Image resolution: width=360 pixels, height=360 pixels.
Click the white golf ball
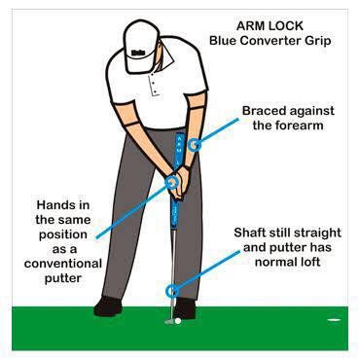(178, 321)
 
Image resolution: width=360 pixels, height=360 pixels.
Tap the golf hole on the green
(334, 320)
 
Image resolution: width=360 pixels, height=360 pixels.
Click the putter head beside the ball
(169, 321)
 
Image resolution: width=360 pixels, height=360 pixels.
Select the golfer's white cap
(141, 46)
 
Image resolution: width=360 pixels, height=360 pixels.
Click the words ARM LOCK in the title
(270, 26)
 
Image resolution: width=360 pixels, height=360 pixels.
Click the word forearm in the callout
(288, 126)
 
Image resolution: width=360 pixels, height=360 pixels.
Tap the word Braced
(264, 111)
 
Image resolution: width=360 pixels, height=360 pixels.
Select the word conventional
(63, 264)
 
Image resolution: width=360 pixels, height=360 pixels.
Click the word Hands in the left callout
(52, 205)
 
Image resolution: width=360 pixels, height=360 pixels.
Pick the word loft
(310, 262)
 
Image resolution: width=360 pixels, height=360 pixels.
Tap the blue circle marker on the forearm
(195, 144)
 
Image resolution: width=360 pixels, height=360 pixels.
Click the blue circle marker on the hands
(171, 182)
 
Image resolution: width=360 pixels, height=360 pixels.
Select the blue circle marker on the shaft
(172, 290)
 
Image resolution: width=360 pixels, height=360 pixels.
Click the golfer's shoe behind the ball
(184, 308)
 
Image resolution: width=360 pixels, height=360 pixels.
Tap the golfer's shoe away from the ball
(108, 306)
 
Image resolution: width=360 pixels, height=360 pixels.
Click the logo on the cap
(138, 53)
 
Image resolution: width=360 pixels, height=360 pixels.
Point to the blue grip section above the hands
(179, 150)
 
